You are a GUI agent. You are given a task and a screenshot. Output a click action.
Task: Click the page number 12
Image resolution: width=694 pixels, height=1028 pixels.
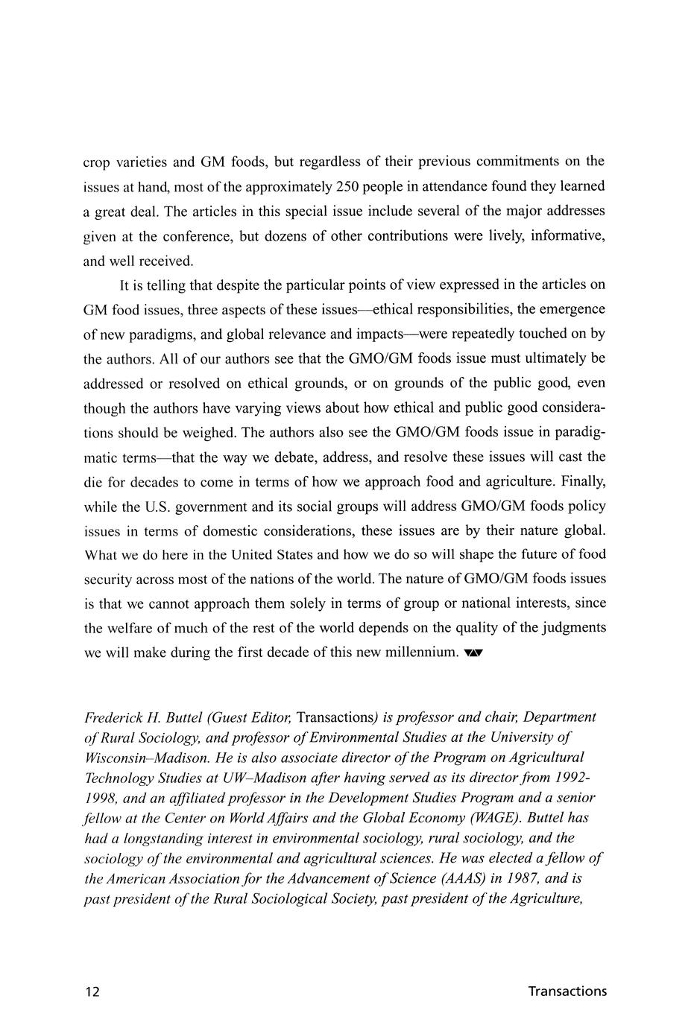(92, 991)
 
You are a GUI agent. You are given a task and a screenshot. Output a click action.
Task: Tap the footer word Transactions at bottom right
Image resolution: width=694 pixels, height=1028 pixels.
(567, 991)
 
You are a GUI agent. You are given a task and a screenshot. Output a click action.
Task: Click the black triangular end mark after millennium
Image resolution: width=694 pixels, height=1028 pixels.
(473, 654)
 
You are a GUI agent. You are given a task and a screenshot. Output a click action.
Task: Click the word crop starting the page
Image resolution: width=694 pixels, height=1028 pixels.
(96, 162)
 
